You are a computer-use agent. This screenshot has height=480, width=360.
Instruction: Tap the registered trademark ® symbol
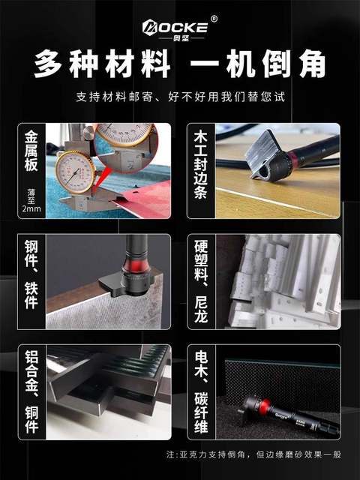(x=214, y=19)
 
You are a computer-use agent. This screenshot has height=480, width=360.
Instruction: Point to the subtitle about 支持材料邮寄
(x=180, y=98)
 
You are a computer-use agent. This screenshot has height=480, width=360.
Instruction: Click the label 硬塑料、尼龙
(x=200, y=281)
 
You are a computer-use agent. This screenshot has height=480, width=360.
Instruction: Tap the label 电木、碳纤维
(x=200, y=391)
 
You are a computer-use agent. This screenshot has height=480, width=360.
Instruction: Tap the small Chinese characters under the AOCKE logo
(x=174, y=37)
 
